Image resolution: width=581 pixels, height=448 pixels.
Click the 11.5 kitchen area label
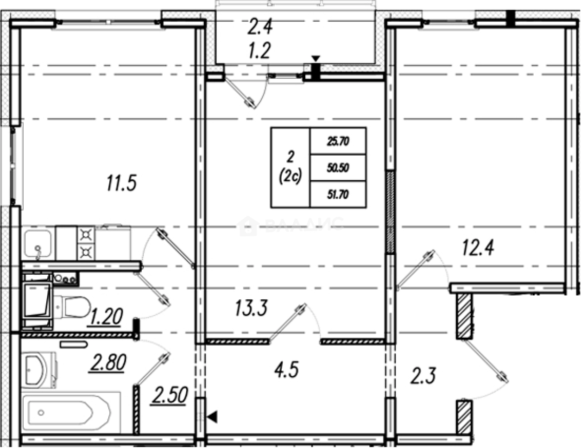[x=122, y=183]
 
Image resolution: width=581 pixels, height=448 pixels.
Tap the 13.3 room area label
[x=251, y=308]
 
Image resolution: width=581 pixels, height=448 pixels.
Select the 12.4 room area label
[x=478, y=248]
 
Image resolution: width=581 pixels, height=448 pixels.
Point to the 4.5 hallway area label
[x=286, y=369]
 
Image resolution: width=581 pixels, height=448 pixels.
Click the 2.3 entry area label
[x=423, y=376]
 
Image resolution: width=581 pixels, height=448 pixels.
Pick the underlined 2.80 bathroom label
[x=108, y=362]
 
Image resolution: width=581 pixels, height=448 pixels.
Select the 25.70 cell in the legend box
[x=338, y=141]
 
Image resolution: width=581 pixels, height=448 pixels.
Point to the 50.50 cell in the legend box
[x=338, y=168]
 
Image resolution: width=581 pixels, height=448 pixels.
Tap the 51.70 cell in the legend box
[x=338, y=194]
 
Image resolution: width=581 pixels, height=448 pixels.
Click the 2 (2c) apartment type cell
[x=290, y=167]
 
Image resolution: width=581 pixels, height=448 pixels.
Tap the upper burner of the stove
[x=86, y=235]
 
